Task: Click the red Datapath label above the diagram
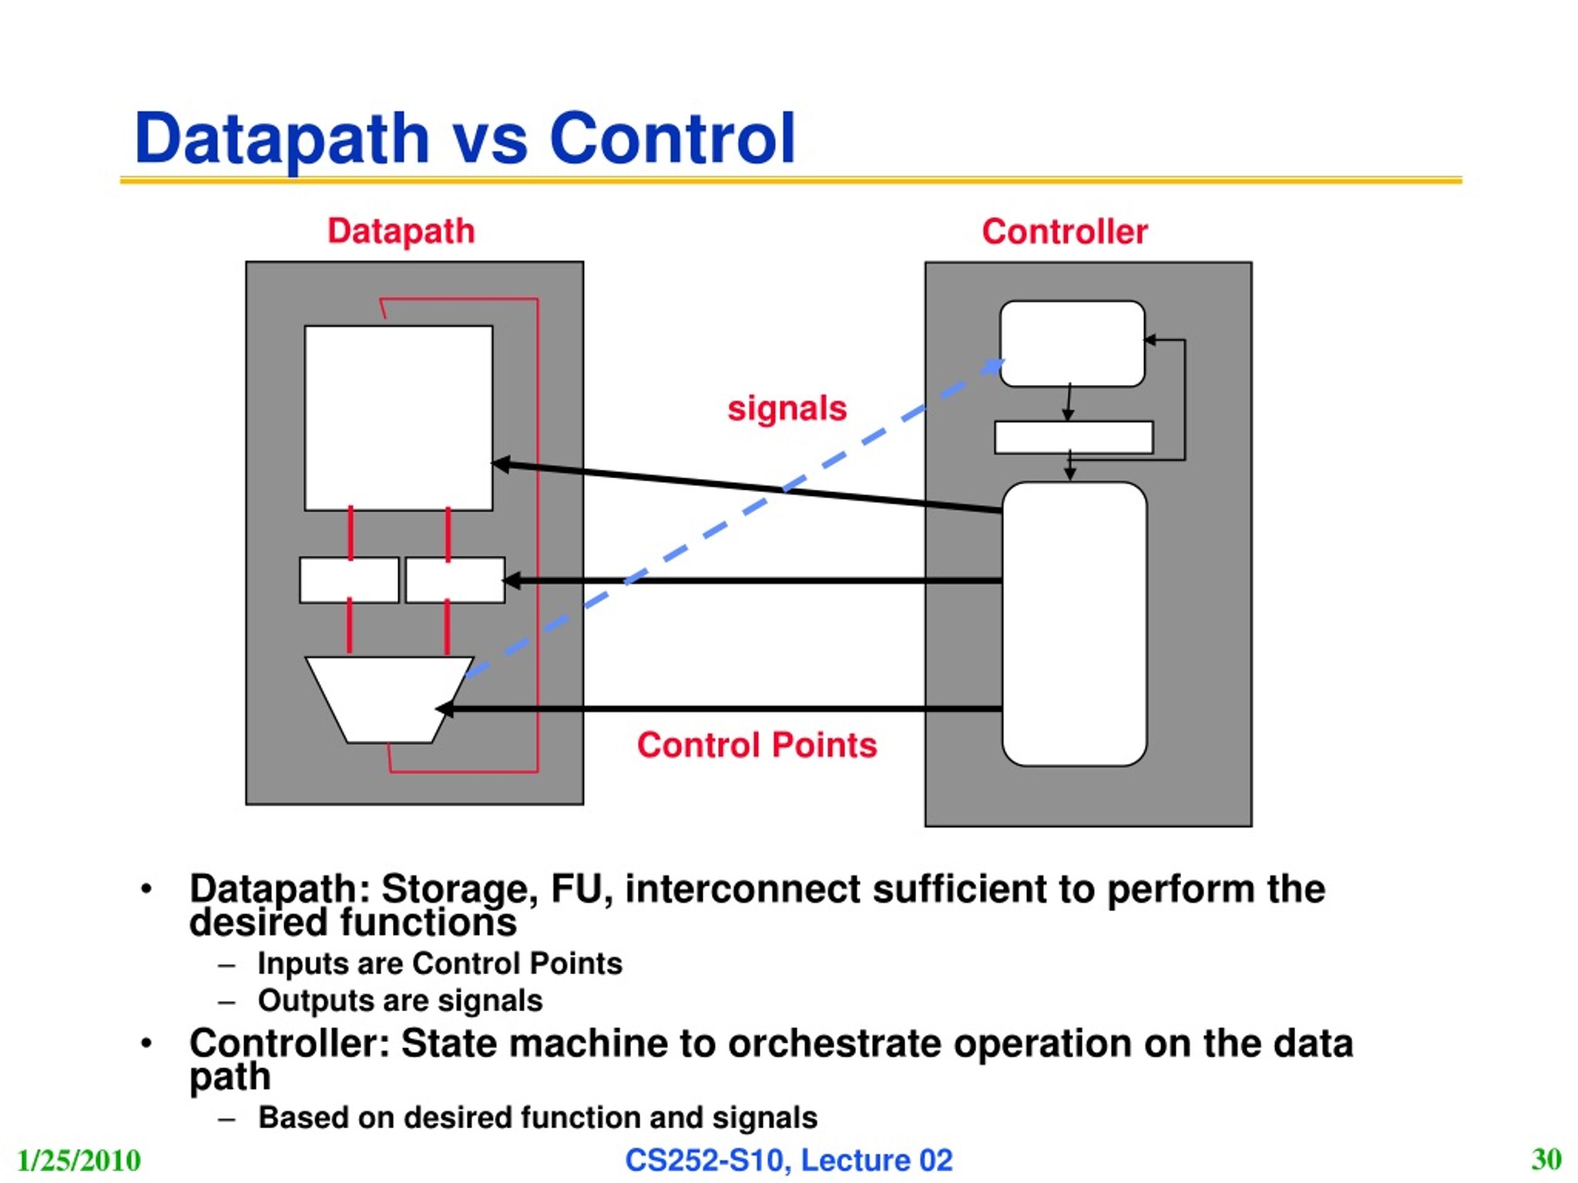[401, 232]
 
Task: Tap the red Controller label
[1065, 232]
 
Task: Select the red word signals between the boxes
[787, 409]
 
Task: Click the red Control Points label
[757, 745]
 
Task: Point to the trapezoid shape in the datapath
[389, 699]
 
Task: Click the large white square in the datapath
[398, 418]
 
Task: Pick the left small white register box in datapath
[349, 580]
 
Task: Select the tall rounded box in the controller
[1074, 624]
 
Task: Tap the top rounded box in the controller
[1072, 344]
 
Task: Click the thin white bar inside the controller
[1074, 437]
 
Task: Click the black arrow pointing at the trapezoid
[718, 709]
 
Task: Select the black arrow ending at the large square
[747, 487]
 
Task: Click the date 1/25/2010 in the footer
[78, 1160]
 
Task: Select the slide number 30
[1546, 1159]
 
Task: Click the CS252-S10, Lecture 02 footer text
[789, 1160]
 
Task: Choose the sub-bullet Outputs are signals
[400, 1001]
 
